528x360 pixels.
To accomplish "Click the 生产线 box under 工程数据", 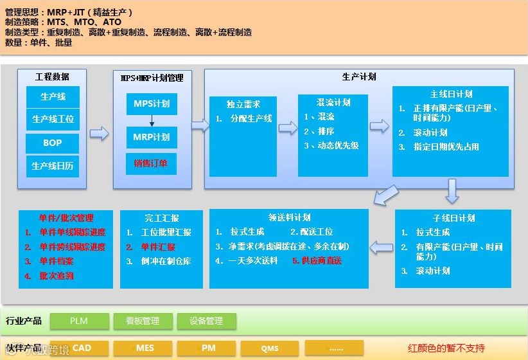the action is pos(53,97).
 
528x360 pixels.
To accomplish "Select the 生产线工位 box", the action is pos(53,119).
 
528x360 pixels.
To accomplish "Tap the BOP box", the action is pos(53,143).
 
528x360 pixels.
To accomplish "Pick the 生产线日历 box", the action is pos(53,166).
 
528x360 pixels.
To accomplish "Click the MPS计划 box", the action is pos(152,104).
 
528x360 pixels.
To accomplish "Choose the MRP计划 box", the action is pos(152,137).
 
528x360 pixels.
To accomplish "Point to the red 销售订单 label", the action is pos(151,163).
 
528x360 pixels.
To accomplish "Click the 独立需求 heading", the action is pos(243,104).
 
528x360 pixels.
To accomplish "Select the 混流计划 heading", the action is pos(333,102).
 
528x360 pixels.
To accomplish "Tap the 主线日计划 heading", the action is pos(451,94).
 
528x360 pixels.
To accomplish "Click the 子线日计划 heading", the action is pos(453,217).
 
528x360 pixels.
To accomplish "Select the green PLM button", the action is pos(78,321).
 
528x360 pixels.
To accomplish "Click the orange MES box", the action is pos(145,348).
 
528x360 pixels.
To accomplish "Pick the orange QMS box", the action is pos(270,348).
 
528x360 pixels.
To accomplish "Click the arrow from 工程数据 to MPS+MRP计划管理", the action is pos(99,133).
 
